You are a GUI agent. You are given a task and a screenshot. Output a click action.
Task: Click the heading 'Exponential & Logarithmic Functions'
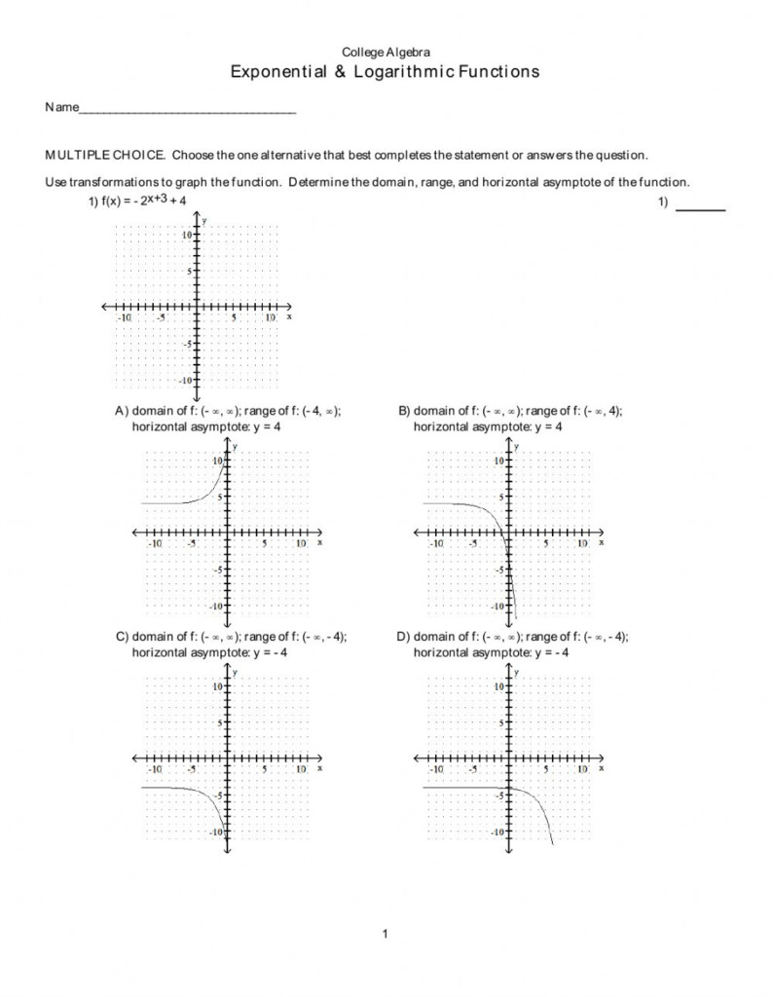(385, 72)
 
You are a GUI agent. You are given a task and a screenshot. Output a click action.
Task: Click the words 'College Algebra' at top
(385, 52)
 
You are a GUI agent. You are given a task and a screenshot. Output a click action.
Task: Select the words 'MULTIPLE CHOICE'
(105, 155)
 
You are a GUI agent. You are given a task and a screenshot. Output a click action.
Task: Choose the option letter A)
(123, 412)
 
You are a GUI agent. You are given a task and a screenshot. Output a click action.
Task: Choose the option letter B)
(405, 412)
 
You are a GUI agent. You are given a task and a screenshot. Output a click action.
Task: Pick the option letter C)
(123, 637)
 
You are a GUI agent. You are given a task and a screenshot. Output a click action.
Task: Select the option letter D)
(405, 637)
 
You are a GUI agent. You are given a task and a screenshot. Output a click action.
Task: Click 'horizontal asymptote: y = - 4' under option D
(491, 651)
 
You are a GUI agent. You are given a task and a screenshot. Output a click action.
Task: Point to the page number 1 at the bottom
(386, 935)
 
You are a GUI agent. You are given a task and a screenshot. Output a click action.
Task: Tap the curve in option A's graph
(209, 497)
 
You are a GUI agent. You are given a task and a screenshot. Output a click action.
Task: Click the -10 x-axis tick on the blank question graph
(124, 317)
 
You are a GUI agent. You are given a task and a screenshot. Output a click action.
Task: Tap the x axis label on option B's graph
(602, 542)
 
